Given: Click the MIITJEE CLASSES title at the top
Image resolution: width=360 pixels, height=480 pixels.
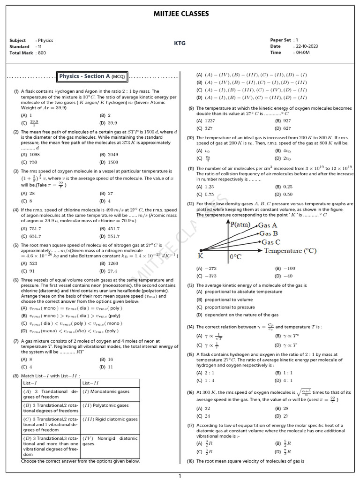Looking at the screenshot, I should tap(181, 14).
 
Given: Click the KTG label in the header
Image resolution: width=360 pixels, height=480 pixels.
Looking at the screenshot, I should tap(180, 43).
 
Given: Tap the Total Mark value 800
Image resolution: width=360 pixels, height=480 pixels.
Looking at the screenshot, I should tap(41, 53).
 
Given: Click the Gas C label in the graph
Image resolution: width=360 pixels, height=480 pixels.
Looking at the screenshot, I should tap(271, 242).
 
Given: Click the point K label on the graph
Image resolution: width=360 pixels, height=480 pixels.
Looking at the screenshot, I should tap(200, 256).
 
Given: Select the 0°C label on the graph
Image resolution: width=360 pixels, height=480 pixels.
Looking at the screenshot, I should tap(235, 257).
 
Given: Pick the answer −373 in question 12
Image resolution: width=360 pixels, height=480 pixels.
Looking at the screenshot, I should tap(210, 276).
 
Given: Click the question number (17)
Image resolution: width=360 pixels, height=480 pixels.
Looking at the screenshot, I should tap(190, 426).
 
